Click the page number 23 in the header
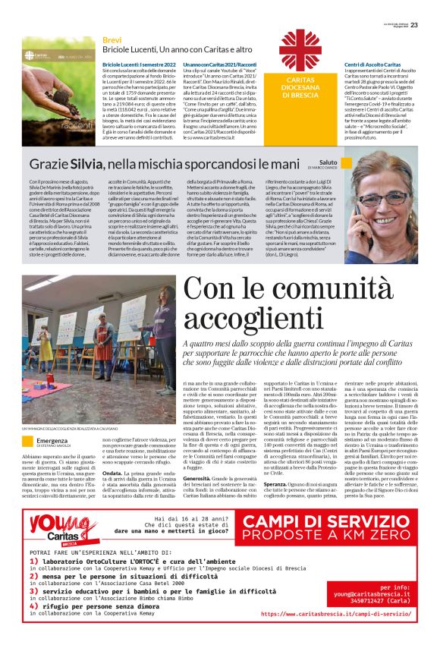click(425, 5)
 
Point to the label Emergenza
click(52, 441)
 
